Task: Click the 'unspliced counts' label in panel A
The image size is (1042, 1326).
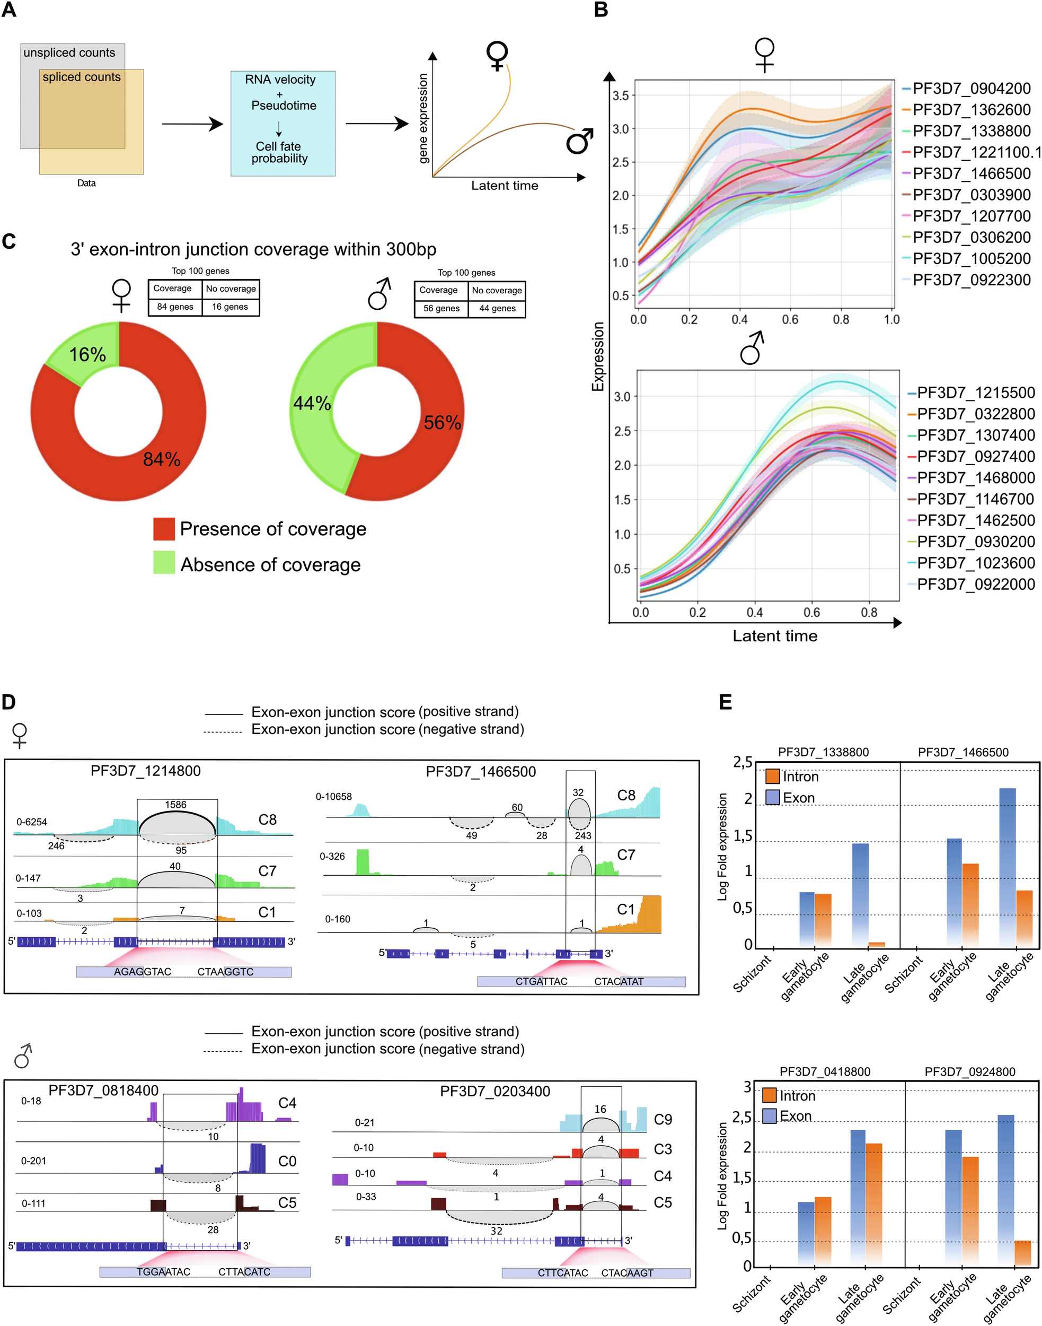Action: (x=69, y=53)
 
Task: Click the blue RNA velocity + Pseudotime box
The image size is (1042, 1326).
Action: (x=282, y=124)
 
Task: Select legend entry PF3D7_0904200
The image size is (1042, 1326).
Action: (x=971, y=89)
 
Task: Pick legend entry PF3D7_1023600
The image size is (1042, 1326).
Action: (x=976, y=563)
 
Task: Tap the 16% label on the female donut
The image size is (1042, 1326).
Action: (x=87, y=355)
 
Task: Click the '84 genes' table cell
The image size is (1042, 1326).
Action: (x=175, y=307)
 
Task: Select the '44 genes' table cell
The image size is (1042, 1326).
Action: (x=497, y=308)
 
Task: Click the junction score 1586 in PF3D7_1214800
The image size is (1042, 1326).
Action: (x=176, y=805)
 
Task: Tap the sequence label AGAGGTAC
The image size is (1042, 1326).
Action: (x=143, y=972)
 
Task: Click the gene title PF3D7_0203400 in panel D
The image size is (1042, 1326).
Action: (x=495, y=1091)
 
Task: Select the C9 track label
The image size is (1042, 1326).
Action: (x=663, y=1119)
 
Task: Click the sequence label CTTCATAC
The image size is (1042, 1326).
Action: (x=562, y=1273)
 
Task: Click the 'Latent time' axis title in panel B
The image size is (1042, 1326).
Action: (x=775, y=636)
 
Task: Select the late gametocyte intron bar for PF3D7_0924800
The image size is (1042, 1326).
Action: (x=1022, y=1252)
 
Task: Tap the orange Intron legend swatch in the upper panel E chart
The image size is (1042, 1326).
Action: (x=772, y=777)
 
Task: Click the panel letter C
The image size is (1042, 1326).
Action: (x=8, y=241)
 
